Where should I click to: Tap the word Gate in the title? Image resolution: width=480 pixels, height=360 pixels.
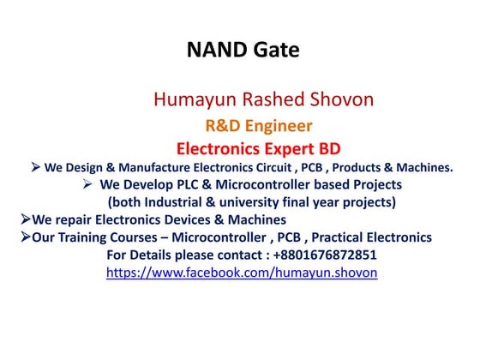click(276, 51)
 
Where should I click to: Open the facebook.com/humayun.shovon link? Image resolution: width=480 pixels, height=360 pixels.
click(242, 273)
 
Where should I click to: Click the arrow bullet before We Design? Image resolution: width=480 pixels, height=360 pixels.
click(36, 167)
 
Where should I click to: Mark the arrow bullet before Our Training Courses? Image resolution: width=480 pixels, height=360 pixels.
click(25, 237)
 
